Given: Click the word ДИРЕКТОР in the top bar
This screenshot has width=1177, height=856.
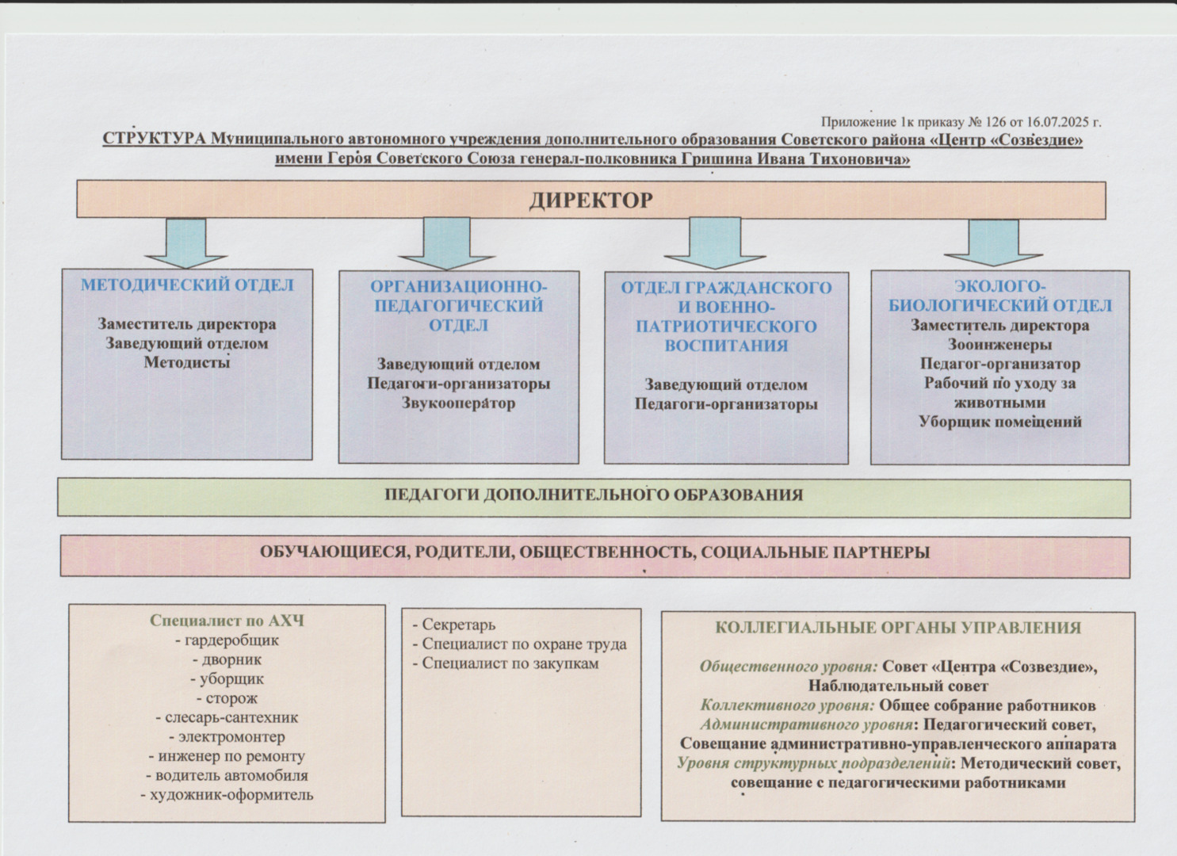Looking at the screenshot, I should [x=590, y=201].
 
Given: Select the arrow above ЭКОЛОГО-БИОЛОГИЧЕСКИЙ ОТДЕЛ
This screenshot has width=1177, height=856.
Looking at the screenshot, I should [x=992, y=242].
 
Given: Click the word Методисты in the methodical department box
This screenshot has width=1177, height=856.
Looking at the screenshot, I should [x=187, y=363].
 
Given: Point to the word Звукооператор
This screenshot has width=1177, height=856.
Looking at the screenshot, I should [x=458, y=403].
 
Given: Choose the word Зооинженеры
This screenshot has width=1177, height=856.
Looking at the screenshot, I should [x=999, y=345].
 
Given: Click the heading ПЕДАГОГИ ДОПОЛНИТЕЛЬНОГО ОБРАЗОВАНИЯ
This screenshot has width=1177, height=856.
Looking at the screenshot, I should [x=594, y=495].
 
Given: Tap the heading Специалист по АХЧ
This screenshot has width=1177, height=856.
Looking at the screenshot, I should [x=227, y=621].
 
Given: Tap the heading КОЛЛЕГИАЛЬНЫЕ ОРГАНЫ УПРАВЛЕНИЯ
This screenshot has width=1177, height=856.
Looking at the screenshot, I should [x=898, y=628].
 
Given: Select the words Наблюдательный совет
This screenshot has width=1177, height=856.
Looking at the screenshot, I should [x=898, y=686].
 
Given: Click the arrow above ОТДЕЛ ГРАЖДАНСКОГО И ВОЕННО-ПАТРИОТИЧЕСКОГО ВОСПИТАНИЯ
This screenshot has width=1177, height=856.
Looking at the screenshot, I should [x=714, y=243].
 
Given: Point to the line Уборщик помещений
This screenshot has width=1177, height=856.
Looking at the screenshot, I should [x=999, y=422].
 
